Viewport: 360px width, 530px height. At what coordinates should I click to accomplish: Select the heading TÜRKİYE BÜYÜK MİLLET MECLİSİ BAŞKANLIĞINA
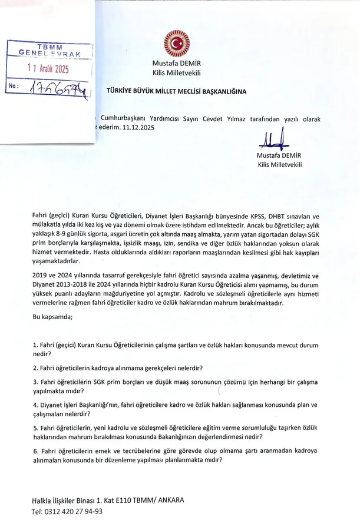(176, 92)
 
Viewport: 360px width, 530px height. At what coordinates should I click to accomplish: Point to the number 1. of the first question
(35, 343)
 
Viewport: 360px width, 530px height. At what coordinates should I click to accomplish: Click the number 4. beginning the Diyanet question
(35, 405)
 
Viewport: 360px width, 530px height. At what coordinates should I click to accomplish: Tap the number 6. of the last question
(35, 450)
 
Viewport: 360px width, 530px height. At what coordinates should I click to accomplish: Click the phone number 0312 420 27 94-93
(74, 511)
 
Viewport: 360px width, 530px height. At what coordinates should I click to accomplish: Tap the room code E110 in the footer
(116, 501)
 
